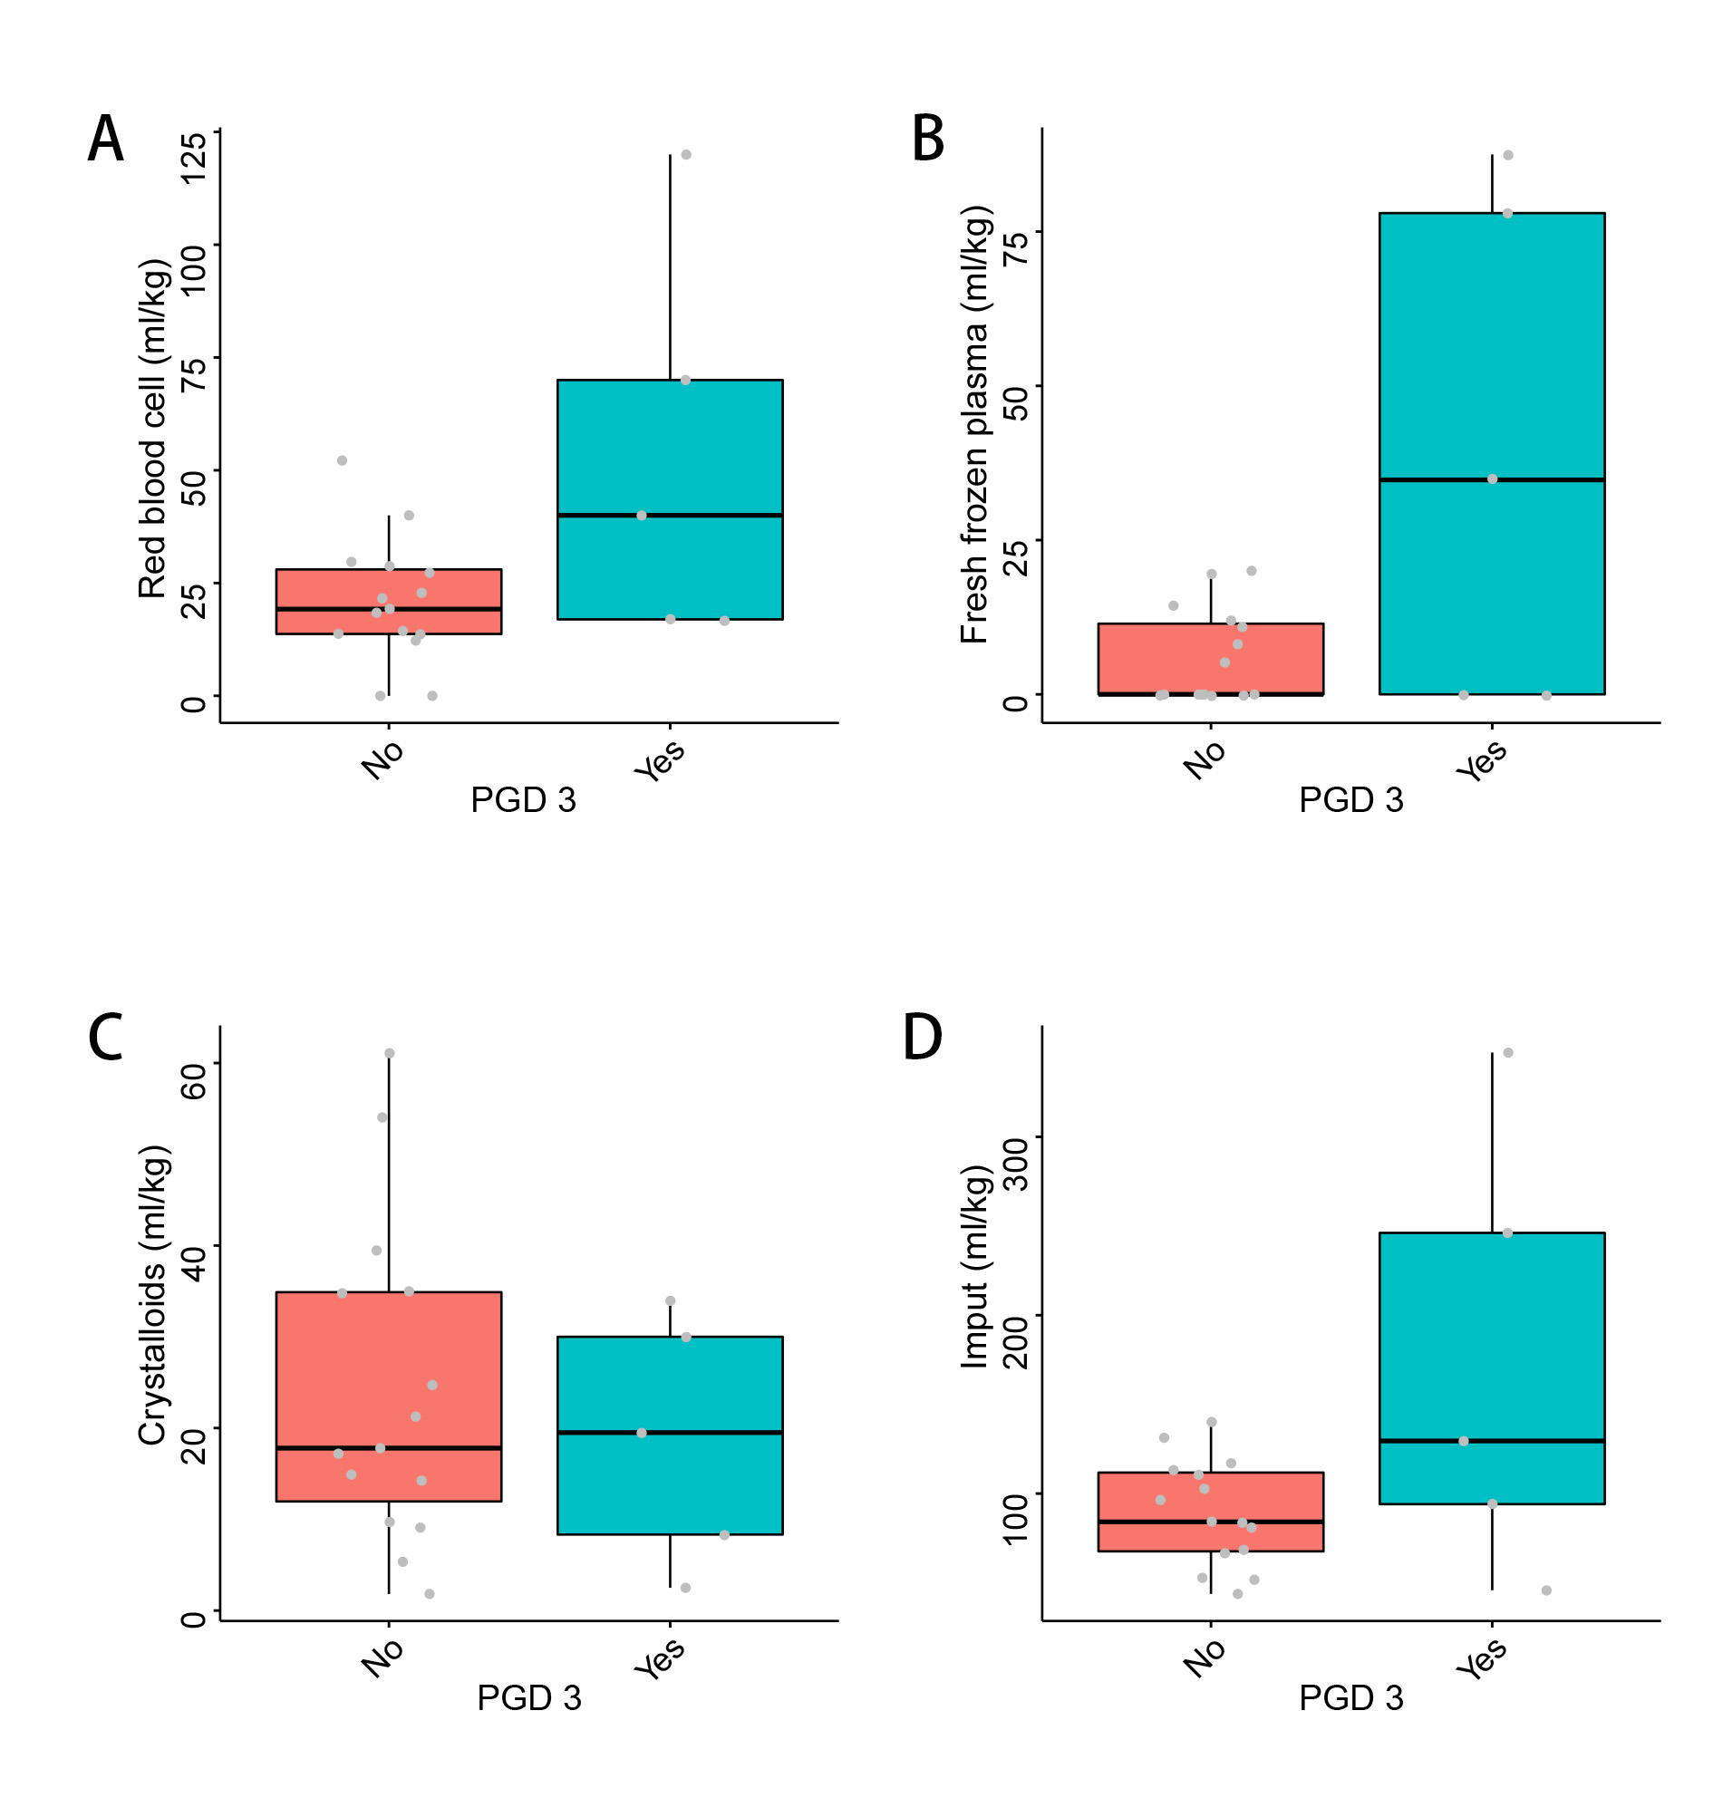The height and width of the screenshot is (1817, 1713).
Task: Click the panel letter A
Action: point(105,139)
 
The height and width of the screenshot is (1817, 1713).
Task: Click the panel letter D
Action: point(923,1038)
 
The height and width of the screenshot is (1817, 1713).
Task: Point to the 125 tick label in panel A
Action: point(193,158)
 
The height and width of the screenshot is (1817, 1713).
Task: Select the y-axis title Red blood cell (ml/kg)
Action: point(152,429)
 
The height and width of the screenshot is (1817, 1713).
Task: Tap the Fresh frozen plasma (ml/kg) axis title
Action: point(974,424)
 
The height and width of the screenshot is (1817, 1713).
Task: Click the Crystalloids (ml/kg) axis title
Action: point(152,1295)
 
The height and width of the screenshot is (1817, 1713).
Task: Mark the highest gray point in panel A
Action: point(685,154)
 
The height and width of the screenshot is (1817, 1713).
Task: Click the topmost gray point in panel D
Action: point(1508,1053)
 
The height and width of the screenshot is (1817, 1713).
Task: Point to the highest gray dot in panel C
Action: point(390,1053)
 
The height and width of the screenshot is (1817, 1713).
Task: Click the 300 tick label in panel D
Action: point(1015,1164)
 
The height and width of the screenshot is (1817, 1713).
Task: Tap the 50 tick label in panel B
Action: point(1015,402)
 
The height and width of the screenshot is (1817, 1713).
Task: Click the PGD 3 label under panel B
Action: point(1351,799)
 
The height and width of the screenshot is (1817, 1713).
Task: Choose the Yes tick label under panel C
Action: point(660,1659)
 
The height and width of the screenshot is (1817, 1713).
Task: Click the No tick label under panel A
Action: point(382,760)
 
